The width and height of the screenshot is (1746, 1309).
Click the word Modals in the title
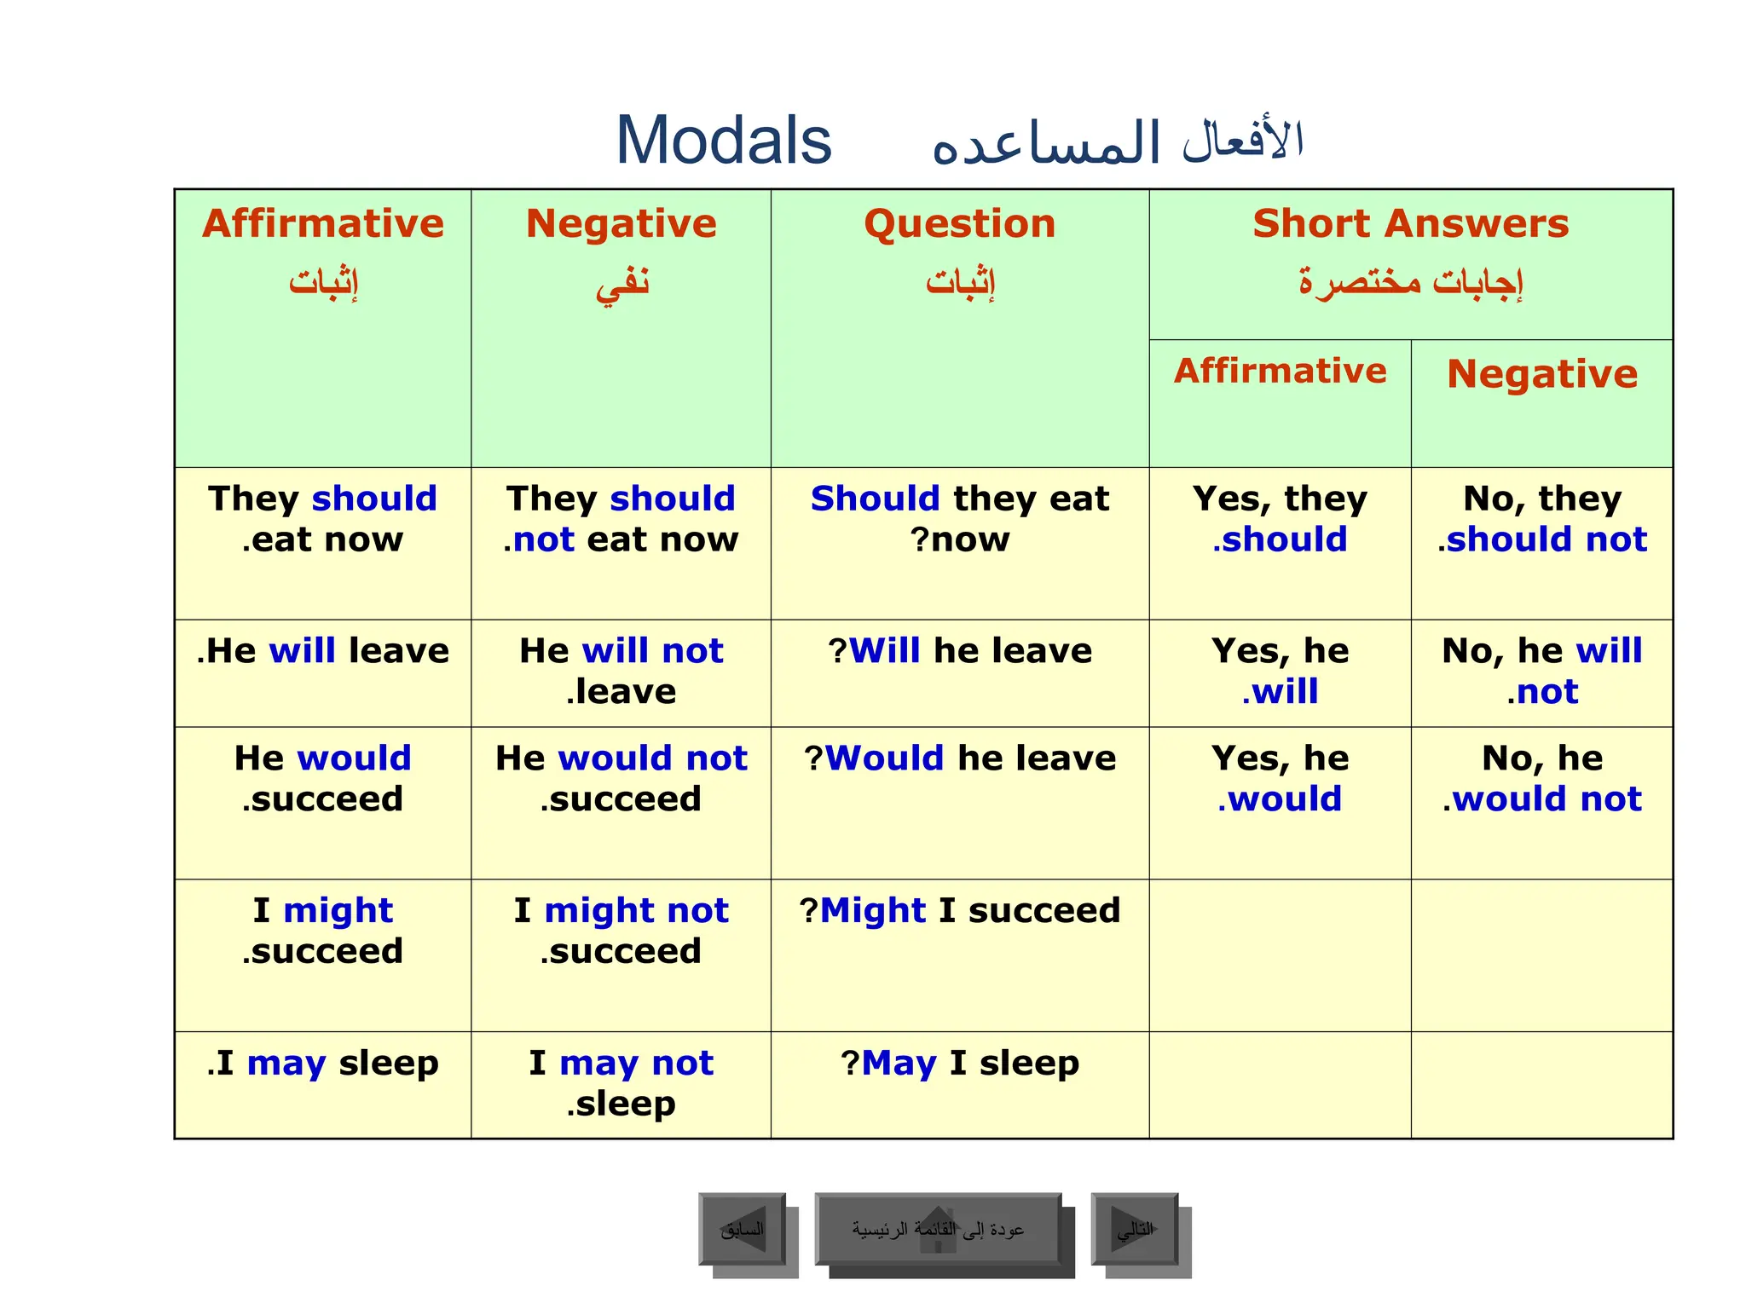point(723,141)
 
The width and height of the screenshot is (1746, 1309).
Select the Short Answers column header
point(1410,224)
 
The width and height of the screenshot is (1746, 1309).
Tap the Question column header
point(959,224)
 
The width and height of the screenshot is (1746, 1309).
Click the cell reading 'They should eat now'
point(322,519)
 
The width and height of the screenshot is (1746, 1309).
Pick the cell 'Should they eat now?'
point(959,519)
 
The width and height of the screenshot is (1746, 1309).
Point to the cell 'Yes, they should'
point(1280,519)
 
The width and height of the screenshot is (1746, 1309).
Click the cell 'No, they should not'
point(1541,519)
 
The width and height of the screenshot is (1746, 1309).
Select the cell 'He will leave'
point(322,652)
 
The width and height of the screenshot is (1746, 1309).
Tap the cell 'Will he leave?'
point(959,652)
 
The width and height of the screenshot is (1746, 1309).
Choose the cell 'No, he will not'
point(1541,672)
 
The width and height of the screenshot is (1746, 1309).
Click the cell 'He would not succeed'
point(621,779)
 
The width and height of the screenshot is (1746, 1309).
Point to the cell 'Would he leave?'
point(959,758)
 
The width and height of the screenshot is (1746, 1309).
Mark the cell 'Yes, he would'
point(1280,779)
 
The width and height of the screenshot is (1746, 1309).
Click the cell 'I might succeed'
point(322,931)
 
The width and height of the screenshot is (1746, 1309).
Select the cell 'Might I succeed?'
point(959,911)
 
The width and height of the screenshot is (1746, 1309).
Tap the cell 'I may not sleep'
point(621,1083)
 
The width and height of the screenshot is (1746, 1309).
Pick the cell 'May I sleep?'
point(959,1064)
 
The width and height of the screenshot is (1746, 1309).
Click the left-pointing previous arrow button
point(743,1229)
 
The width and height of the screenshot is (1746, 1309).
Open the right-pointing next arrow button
point(1135,1229)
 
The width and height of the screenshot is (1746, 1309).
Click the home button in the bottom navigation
point(938,1229)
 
